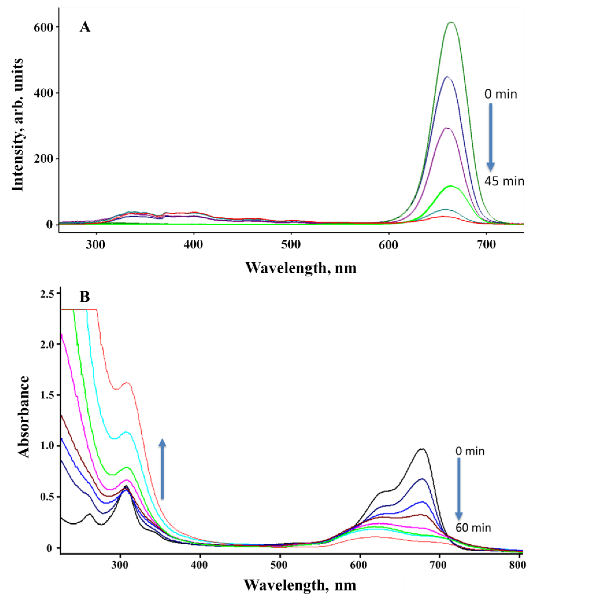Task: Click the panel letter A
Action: pyautogui.click(x=85, y=27)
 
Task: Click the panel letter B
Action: pyautogui.click(x=84, y=297)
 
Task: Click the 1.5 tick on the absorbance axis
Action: pyautogui.click(x=47, y=395)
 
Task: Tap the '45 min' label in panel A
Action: pyautogui.click(x=504, y=181)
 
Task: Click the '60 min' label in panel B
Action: pyautogui.click(x=473, y=527)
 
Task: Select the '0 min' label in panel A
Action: pyautogui.click(x=500, y=94)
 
